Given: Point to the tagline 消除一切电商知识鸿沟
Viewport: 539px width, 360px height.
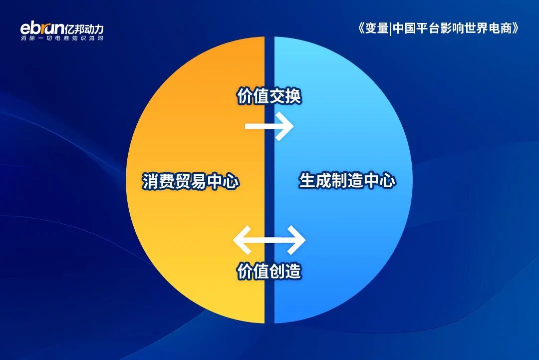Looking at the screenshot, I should tap(62, 38).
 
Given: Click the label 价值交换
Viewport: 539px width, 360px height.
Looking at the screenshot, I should tap(269, 96).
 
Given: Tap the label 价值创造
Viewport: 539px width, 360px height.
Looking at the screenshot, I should tap(269, 272).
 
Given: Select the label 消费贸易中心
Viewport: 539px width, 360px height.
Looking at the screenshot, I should tap(191, 181).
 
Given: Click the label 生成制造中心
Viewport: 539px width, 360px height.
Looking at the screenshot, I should tap(347, 180).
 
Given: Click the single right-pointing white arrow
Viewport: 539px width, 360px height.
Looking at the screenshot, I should tap(269, 126).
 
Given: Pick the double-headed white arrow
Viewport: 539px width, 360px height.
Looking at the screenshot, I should tap(269, 240).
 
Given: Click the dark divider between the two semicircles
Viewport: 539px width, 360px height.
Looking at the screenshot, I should tap(269, 310).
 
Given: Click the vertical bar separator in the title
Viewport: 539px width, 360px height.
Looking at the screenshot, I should tap(390, 28).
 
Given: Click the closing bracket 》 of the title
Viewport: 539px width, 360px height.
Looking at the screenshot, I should tap(516, 28).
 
